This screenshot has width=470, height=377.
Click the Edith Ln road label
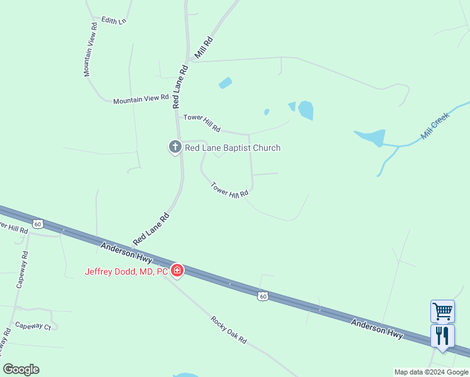pyautogui.click(x=114, y=21)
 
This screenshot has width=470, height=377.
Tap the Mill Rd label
pyautogui.click(x=204, y=48)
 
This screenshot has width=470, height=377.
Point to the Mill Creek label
pyautogui.click(x=436, y=126)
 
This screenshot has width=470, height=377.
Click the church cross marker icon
pyautogui.click(x=175, y=148)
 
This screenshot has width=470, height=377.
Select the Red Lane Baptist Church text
pyautogui.click(x=232, y=148)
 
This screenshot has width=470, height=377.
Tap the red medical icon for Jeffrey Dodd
pyautogui.click(x=177, y=271)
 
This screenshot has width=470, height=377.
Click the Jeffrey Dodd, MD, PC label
pyautogui.click(x=128, y=271)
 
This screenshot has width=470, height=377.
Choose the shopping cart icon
pyautogui.click(x=442, y=311)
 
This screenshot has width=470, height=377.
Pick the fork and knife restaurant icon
pyautogui.click(x=442, y=336)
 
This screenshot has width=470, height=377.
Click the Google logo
pyautogui.click(x=21, y=369)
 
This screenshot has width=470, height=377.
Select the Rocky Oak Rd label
pyautogui.click(x=229, y=330)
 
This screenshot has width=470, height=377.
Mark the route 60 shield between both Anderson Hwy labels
pyautogui.click(x=263, y=296)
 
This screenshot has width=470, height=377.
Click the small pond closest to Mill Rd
pyautogui.click(x=224, y=83)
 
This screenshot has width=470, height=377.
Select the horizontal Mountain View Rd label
pyautogui.click(x=141, y=99)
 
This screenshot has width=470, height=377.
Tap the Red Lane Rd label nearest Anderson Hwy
pyautogui.click(x=151, y=229)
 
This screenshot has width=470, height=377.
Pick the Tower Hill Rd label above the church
pyautogui.click(x=202, y=123)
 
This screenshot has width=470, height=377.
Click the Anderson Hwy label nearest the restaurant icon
pyautogui.click(x=376, y=329)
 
